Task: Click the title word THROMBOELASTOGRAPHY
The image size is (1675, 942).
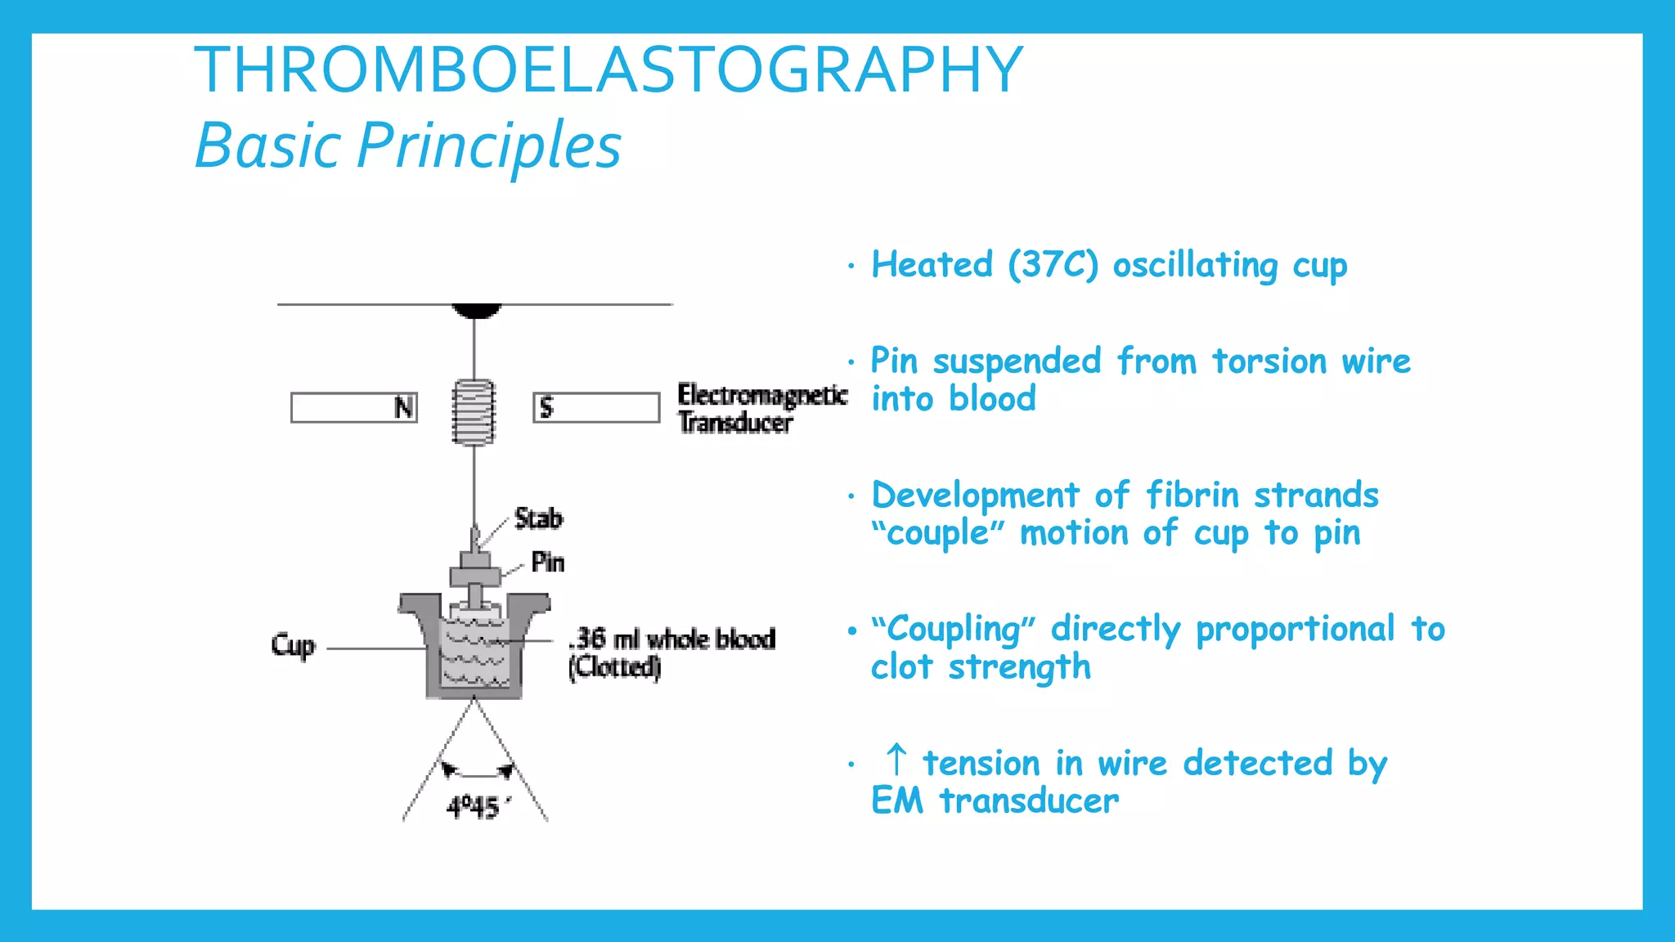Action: click(608, 70)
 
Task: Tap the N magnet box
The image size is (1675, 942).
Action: click(354, 407)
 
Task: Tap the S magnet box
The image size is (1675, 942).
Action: click(596, 407)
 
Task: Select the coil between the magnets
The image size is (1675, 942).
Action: click(474, 412)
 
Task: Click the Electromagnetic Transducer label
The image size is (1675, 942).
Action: click(761, 408)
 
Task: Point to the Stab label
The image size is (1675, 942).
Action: click(538, 518)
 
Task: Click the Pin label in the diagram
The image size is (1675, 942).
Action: click(547, 562)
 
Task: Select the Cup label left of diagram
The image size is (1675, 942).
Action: click(293, 646)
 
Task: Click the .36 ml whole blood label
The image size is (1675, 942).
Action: click(672, 639)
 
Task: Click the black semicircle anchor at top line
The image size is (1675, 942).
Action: click(476, 310)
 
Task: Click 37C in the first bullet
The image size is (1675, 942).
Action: click(1053, 265)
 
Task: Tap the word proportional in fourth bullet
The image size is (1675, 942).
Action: click(1295, 630)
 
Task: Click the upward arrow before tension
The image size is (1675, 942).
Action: click(896, 760)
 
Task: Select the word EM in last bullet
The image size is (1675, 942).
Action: click(896, 801)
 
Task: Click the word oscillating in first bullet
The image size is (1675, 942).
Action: click(1195, 265)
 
